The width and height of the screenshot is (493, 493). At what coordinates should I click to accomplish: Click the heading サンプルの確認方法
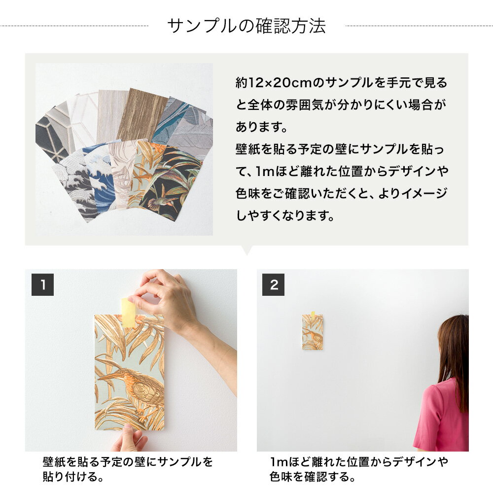[246, 26]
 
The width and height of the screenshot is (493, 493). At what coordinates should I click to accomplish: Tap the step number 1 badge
[42, 284]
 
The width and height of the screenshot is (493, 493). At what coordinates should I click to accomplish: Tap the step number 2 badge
[274, 284]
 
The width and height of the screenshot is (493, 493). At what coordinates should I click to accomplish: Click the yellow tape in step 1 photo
[129, 313]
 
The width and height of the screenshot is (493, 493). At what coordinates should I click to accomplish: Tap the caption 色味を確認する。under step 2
[312, 477]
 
